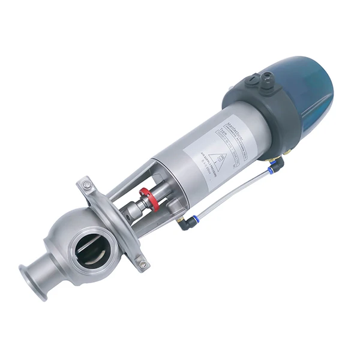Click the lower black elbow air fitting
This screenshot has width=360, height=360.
point(183,224)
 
